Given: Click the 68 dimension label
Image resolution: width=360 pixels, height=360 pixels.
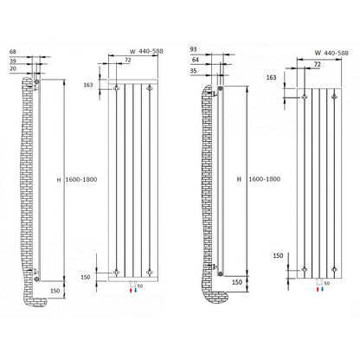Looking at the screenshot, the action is [x=13, y=52].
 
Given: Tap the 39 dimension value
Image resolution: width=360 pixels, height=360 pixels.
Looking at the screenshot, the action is [x=13, y=61].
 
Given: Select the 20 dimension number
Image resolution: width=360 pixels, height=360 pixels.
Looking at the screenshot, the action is [x=13, y=68].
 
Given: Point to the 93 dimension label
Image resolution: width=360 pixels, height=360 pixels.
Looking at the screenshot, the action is [x=194, y=49].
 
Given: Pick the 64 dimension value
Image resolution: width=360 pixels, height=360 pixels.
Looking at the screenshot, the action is [x=196, y=60].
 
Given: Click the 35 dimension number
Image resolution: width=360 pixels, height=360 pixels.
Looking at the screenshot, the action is [x=194, y=71].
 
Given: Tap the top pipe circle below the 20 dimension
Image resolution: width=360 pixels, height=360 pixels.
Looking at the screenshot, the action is [x=36, y=82].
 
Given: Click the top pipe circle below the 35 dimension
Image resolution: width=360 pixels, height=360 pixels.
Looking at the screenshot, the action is [x=220, y=88].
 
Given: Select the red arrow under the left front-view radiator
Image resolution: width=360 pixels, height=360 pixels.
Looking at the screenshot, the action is [x=131, y=290].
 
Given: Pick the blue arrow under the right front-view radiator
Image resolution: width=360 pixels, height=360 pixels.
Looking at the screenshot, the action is [x=322, y=289].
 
